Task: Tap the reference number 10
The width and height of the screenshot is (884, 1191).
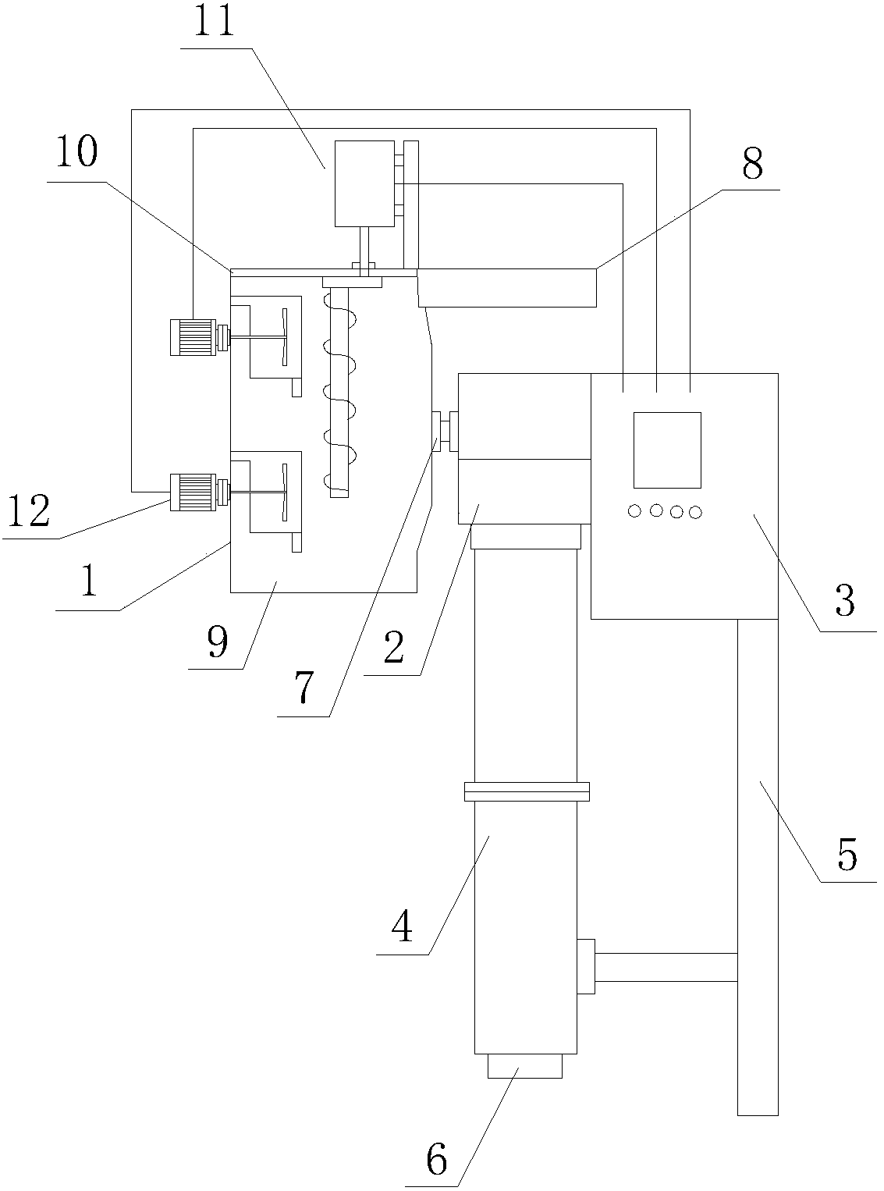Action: [x=76, y=154]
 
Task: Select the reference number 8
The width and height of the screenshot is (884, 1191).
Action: [x=752, y=165]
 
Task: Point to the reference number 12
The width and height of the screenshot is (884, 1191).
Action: [x=30, y=511]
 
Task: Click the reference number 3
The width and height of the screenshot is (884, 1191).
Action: [x=845, y=601]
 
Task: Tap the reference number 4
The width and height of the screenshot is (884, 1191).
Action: [x=402, y=926]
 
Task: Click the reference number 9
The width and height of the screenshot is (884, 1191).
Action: [x=218, y=642]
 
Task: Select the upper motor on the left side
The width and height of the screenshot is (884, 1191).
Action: [x=193, y=338]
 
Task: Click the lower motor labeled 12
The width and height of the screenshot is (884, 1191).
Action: [x=193, y=492]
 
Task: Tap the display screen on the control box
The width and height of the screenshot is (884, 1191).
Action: [x=666, y=450]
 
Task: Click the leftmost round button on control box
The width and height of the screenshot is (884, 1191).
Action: [x=634, y=510]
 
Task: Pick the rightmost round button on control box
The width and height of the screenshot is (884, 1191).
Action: [x=695, y=512]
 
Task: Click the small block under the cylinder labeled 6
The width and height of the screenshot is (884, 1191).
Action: [x=524, y=1065]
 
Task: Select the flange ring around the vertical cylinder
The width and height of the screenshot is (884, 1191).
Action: [x=526, y=791]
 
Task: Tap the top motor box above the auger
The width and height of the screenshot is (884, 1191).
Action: [x=364, y=183]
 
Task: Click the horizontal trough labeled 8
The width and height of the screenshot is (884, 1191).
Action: [x=507, y=286]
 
